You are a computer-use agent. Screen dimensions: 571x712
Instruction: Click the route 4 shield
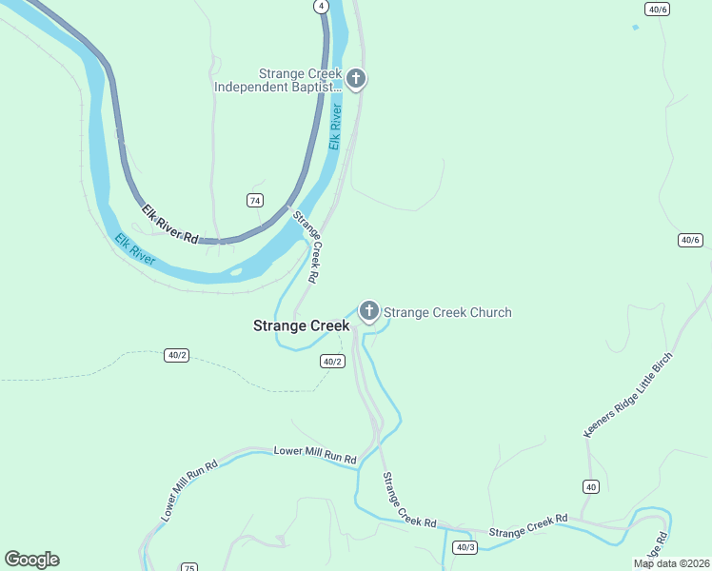(x=322, y=6)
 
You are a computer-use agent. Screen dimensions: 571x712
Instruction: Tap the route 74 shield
(x=254, y=200)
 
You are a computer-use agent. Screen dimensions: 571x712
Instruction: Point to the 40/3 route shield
(x=465, y=547)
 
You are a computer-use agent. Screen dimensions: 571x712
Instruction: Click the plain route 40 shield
(x=591, y=486)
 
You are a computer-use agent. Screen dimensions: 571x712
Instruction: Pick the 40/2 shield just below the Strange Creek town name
(x=331, y=362)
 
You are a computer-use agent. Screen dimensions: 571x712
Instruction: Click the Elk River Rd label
(x=170, y=225)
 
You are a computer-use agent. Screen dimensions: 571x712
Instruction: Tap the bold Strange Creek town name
(x=301, y=325)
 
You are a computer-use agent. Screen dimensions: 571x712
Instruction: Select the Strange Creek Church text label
(x=447, y=312)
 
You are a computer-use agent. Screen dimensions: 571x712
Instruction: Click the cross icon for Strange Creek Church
(x=368, y=310)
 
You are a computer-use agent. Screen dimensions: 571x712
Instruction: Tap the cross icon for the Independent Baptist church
(x=356, y=78)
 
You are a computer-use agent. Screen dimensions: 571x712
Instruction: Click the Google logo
(x=31, y=560)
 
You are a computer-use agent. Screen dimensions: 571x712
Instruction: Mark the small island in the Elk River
(x=235, y=274)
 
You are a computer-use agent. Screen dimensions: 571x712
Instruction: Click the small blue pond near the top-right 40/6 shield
(x=635, y=28)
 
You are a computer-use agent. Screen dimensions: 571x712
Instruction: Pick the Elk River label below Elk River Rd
(x=135, y=248)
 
